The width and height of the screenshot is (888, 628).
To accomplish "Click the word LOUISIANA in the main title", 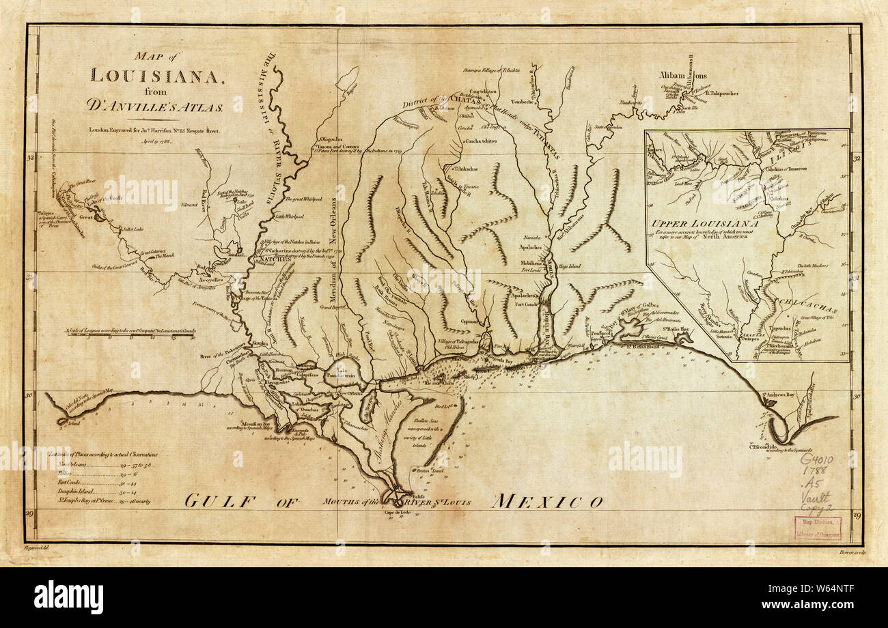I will pos(156,75).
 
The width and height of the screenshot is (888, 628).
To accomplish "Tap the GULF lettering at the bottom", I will pos(219,502).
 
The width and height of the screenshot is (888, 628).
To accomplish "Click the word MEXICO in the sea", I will pos(547,502).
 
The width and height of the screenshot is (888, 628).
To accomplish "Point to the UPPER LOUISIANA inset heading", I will pos(706,223).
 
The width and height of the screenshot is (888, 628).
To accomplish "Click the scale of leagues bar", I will pos(130,334).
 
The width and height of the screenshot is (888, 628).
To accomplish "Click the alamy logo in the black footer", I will pos(68,597).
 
